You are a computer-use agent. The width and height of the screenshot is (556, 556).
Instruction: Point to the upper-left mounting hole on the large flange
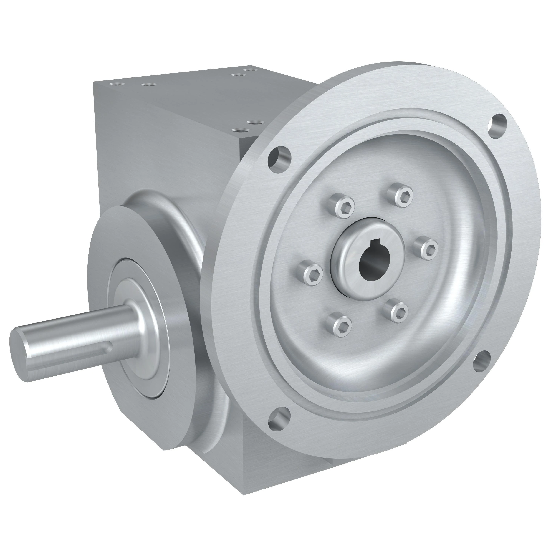[279, 156]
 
